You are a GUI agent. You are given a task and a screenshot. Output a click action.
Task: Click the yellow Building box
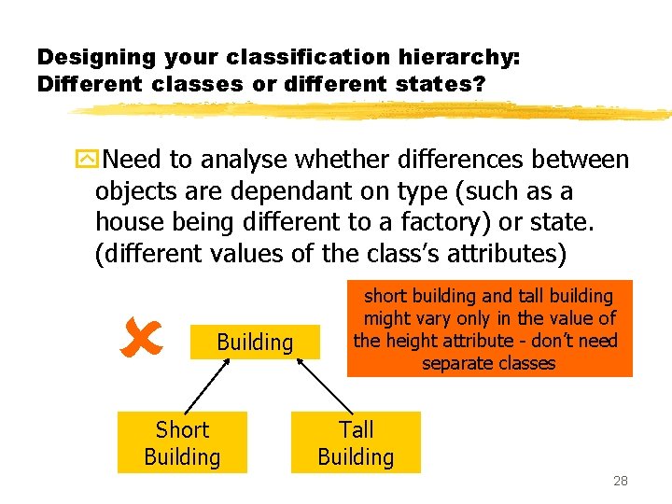(255, 343)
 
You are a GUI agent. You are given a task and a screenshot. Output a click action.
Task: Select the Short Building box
(182, 442)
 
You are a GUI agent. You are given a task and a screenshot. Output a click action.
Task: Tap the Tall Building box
(356, 442)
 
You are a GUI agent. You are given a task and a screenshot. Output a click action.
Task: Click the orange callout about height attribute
(489, 329)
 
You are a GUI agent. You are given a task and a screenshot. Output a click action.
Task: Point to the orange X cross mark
(142, 339)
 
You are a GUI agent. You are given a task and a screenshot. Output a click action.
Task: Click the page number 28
(620, 482)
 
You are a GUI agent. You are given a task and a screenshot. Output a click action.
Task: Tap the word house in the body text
(128, 223)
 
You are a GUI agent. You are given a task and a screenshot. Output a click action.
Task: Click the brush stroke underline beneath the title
(373, 110)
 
